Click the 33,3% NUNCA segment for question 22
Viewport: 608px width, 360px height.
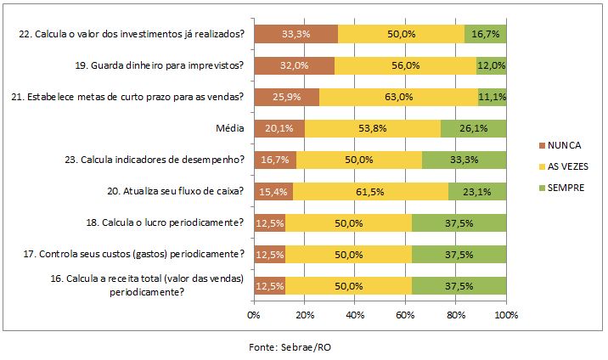pyautogui.click(x=295, y=33)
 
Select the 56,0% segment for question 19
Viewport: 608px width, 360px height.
pyautogui.click(x=405, y=65)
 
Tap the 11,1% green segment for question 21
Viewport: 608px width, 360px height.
pyautogui.click(x=493, y=97)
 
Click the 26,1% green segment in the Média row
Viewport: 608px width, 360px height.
pyautogui.click(x=474, y=128)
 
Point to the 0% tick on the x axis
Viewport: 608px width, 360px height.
pyautogui.click(x=253, y=316)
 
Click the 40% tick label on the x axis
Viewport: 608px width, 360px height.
pyautogui.click(x=355, y=316)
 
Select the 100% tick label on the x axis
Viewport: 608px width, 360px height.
pyautogui.click(x=506, y=316)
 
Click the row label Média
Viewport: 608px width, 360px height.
pyautogui.click(x=230, y=128)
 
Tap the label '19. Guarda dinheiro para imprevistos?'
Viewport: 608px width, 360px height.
pyautogui.click(x=160, y=65)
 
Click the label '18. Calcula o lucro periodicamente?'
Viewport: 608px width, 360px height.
pyautogui.click(x=160, y=224)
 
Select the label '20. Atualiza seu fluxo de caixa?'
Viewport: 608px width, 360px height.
pyautogui.click(x=183, y=192)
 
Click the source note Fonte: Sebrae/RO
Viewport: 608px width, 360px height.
pyautogui.click(x=290, y=347)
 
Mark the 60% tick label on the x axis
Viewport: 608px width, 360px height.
pyautogui.click(x=406, y=316)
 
